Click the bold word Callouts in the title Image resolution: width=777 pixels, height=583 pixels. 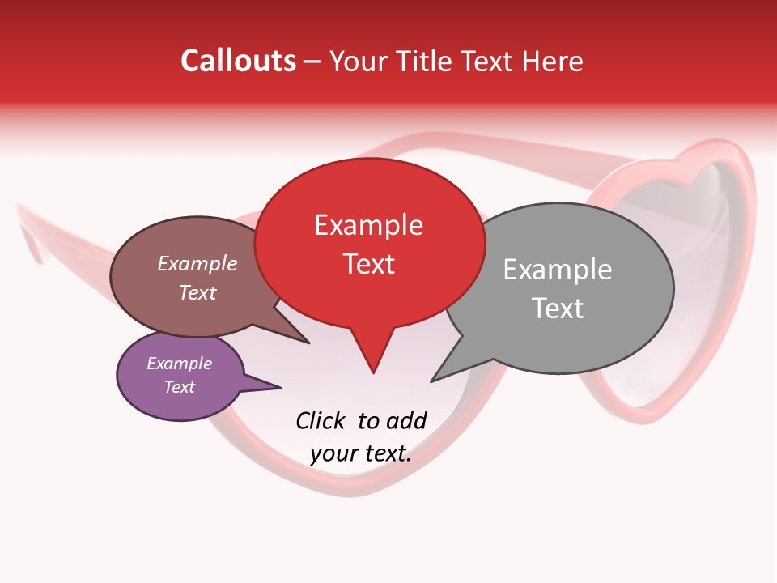point(239,61)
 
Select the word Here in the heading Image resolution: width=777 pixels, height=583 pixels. point(553,62)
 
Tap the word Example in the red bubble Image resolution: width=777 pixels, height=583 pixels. point(368,224)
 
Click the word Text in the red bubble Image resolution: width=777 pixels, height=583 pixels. point(369,263)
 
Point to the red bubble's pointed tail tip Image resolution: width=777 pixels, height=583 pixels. point(373,372)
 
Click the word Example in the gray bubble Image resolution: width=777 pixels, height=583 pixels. point(557,269)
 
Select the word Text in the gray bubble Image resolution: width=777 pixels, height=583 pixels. point(558,308)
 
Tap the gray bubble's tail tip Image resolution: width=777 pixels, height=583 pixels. point(432,381)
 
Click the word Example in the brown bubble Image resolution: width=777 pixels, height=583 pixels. point(197,263)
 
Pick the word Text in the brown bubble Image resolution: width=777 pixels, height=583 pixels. point(197,292)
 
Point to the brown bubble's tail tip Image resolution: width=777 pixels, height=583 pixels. point(308,343)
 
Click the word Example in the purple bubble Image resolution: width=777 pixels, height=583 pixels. point(179,364)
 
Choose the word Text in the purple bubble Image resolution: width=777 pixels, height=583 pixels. point(179,386)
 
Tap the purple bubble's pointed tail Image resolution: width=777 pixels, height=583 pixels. point(279,387)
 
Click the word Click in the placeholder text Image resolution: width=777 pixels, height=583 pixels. point(321,420)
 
